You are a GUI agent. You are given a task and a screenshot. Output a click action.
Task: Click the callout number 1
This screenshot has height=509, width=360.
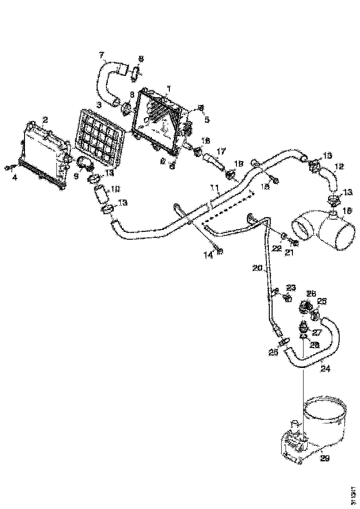point(169,88)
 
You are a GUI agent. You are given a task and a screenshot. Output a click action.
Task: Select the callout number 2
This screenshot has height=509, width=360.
point(45,120)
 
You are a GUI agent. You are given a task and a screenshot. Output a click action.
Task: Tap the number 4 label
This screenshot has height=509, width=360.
point(15,177)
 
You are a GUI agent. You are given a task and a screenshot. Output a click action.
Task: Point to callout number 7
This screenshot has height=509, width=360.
point(102,56)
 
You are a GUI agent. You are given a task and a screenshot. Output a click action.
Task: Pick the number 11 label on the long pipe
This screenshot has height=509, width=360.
point(214,187)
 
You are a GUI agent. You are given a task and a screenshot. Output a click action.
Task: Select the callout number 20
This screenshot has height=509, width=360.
point(257,268)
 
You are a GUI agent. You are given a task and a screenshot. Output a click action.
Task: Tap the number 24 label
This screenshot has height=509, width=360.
point(326,369)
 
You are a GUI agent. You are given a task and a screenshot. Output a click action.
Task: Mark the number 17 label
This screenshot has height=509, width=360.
point(221,151)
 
